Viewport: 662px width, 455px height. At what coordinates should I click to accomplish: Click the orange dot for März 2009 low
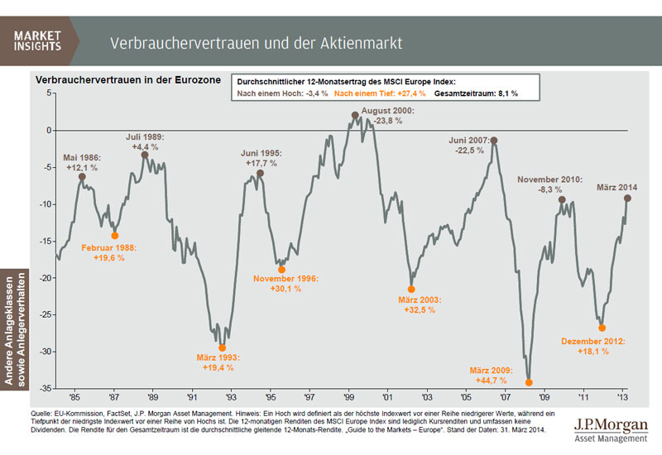tap(529, 382)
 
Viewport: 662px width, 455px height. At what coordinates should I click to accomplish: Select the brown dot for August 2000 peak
tap(354, 115)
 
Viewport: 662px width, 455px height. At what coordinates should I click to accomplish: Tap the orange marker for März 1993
tap(222, 347)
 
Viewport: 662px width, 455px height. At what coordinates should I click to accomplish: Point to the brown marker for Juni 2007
tap(494, 141)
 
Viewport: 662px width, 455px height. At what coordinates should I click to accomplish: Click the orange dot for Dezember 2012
tap(602, 328)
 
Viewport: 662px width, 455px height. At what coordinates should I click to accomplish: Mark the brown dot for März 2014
tap(627, 199)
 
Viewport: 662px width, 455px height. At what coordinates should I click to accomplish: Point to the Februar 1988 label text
tap(114, 247)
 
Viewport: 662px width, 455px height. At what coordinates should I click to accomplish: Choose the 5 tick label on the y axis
tap(49, 93)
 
